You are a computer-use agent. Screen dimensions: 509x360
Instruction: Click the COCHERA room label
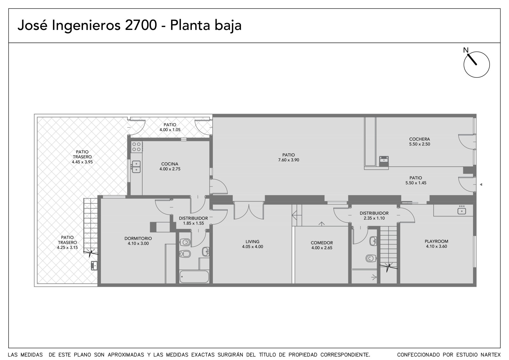tap(420, 139)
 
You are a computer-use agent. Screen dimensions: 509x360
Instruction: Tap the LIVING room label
tap(252, 242)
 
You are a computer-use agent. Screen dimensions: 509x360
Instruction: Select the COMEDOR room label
tap(322, 243)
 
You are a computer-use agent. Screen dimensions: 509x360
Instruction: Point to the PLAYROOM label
tap(436, 241)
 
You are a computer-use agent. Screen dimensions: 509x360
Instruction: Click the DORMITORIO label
tap(138, 238)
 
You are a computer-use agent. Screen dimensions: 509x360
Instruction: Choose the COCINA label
tap(170, 164)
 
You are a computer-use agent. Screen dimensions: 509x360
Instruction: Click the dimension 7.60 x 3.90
tap(289, 160)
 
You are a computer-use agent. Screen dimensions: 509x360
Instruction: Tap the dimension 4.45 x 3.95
tap(82, 162)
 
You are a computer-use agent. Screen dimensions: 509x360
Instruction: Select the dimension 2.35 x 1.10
tap(374, 218)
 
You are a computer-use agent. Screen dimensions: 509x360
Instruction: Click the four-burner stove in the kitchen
tap(136, 147)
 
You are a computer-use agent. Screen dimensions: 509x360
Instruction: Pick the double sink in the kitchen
tap(136, 167)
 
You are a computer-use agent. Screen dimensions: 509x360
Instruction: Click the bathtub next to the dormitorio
tap(194, 277)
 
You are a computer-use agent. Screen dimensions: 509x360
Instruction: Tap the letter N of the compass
tap(466, 50)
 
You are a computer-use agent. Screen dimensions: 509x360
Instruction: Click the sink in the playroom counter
tap(462, 211)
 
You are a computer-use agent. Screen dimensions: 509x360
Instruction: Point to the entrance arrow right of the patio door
tap(481, 184)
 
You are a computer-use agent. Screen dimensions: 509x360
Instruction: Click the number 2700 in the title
tap(141, 25)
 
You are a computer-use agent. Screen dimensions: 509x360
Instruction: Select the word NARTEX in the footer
tap(491, 355)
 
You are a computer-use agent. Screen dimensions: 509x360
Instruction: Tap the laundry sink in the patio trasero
tap(94, 265)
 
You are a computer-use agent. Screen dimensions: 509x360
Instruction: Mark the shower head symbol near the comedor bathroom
tap(374, 277)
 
